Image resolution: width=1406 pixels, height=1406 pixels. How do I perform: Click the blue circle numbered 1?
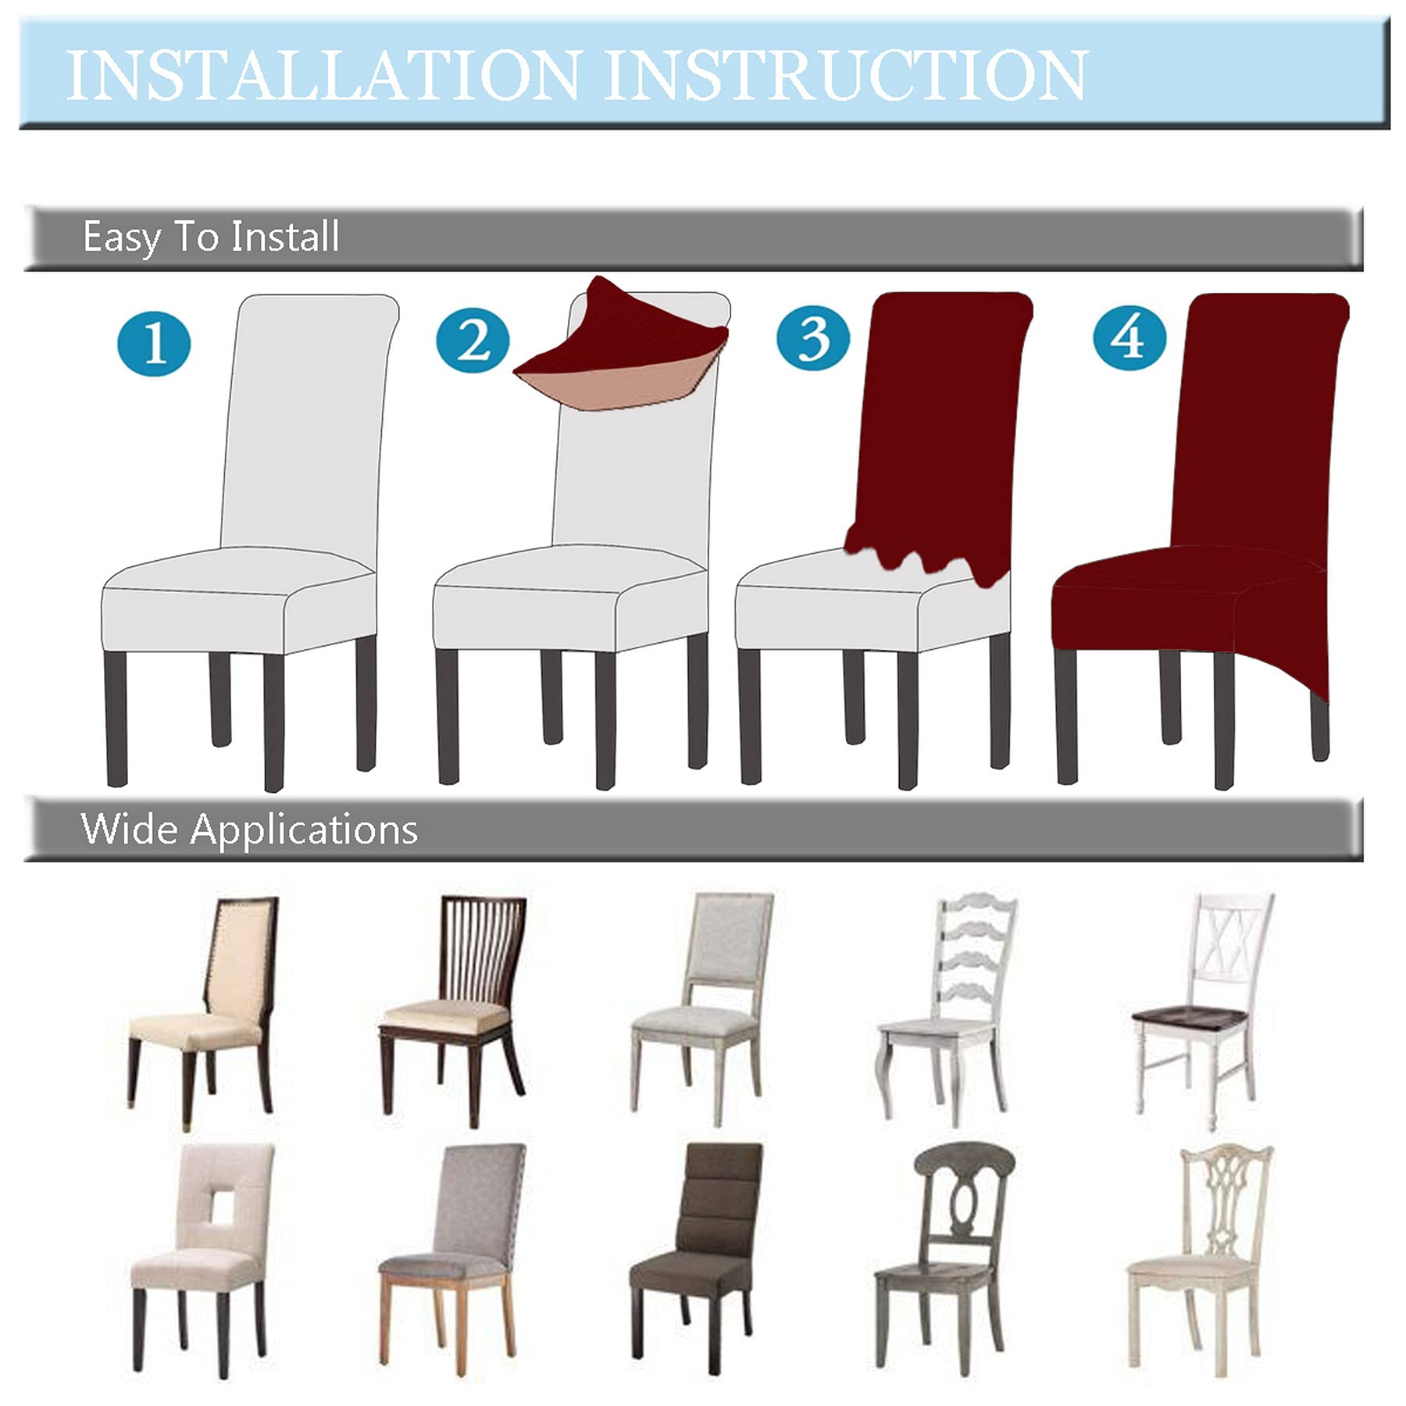point(154,344)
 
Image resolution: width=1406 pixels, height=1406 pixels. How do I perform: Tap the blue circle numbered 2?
point(473,341)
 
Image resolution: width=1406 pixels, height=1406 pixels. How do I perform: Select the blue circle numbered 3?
point(813,339)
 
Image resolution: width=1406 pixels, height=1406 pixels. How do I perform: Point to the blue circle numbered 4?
point(1129,337)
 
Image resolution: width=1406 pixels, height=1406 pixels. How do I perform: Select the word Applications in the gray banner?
point(305,830)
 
